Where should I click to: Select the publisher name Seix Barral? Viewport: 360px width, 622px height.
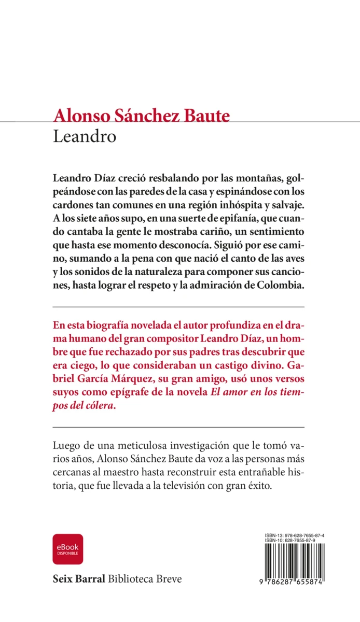pyautogui.click(x=79, y=579)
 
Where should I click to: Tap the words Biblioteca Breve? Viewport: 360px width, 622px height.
pyautogui.click(x=145, y=579)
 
